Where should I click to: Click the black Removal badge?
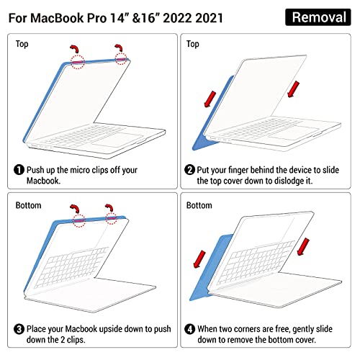(318, 17)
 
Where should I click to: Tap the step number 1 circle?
(19, 170)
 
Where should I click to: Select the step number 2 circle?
(189, 170)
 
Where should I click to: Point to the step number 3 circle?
(19, 329)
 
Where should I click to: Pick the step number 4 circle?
(189, 329)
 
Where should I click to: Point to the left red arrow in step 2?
(210, 99)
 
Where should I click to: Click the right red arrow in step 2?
(293, 89)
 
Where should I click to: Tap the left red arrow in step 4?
(199, 259)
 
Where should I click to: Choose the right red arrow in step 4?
(303, 247)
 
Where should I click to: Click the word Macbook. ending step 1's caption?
(43, 181)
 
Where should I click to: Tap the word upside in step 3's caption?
(114, 329)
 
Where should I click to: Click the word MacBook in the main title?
(57, 18)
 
